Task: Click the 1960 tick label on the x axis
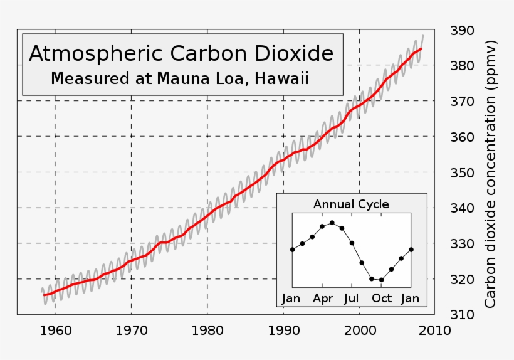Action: point(55,330)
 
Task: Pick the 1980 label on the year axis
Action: point(207,330)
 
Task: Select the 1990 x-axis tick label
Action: point(283,330)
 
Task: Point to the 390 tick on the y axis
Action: point(463,31)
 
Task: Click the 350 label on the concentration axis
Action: point(463,172)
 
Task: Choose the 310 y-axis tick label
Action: point(463,314)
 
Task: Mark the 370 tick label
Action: point(463,102)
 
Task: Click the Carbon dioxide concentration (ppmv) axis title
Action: point(491,174)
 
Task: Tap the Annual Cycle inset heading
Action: point(351,204)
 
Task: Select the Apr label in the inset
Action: point(323,299)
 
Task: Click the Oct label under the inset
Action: point(382,299)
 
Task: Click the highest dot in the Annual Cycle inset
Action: point(332,223)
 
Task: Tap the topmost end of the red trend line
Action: point(421,49)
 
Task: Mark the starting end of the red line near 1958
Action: point(44,294)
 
